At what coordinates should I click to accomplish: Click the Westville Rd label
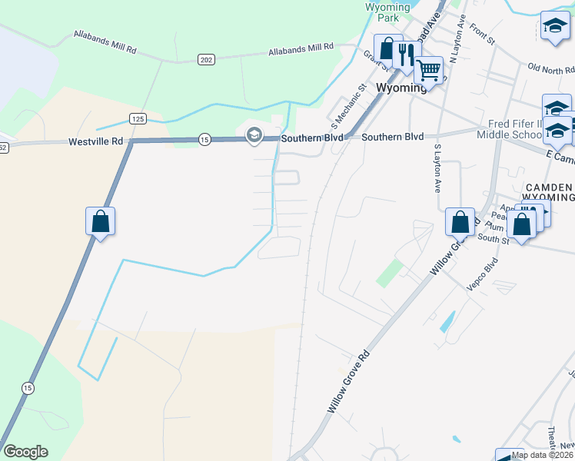(x=96, y=141)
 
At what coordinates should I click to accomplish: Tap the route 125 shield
(x=138, y=118)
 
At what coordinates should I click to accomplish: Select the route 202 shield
(x=205, y=59)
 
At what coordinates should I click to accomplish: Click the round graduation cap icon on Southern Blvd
(x=254, y=137)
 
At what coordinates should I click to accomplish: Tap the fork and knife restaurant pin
(x=407, y=54)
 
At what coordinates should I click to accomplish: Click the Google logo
(x=25, y=452)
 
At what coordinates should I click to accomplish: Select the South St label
(x=494, y=239)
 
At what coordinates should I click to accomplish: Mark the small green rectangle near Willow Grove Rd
(x=390, y=273)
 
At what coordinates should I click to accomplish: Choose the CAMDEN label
(x=549, y=187)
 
